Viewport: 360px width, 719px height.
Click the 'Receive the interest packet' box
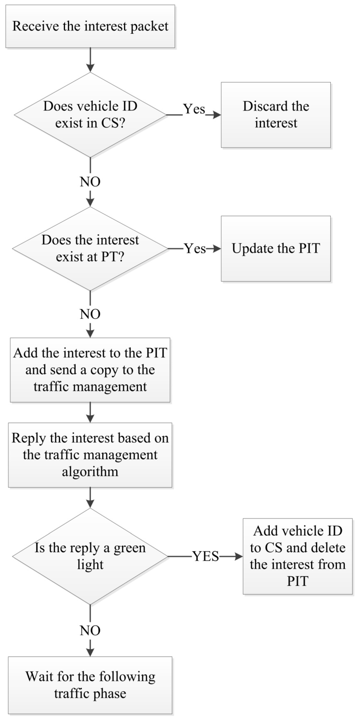[x=90, y=26]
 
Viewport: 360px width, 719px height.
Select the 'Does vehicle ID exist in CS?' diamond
[x=90, y=115]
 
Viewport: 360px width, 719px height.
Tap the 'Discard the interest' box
[x=276, y=115]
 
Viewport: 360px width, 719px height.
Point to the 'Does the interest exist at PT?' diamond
[x=90, y=248]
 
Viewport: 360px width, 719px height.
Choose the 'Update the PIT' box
[x=276, y=248]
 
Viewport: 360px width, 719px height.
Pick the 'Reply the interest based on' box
[x=90, y=455]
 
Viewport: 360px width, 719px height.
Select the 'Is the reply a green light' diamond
[x=90, y=556]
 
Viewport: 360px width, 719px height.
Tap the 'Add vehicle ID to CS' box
[x=298, y=556]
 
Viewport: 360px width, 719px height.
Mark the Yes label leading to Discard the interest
[x=194, y=109]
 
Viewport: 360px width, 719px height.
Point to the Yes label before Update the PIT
[x=195, y=248]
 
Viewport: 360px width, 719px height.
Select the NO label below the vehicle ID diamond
[x=90, y=182]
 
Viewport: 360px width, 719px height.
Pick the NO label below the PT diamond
[x=90, y=314]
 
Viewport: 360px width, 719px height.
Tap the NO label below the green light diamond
[x=90, y=630]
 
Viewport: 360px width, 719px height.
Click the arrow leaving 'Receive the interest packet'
[x=90, y=60]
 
